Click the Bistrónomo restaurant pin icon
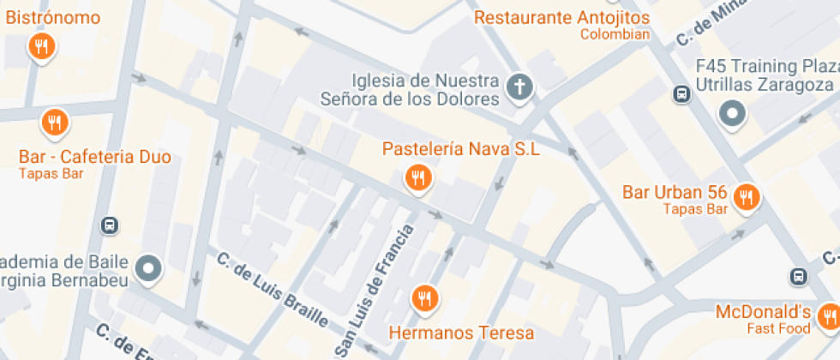pos(41,46)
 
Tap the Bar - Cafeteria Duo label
pos(94,157)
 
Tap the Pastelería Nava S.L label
pos(460,149)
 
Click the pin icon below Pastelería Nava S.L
pos(418,178)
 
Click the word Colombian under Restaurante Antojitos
pos(615,35)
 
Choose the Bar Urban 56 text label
pos(676,191)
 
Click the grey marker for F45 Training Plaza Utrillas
pos(732,113)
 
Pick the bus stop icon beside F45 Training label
pos(681,94)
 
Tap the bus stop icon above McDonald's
pos(798,277)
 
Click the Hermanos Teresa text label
pos(461,333)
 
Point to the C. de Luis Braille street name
pos(273,290)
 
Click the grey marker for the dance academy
pos(150,268)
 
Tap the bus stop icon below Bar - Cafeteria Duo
pos(109,225)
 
